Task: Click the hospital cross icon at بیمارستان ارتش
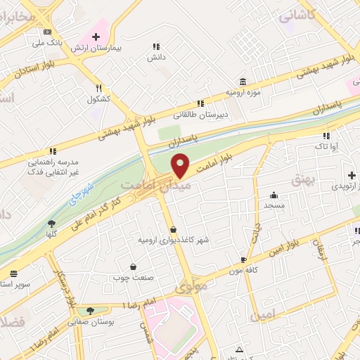(96, 36)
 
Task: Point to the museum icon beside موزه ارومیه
(243, 82)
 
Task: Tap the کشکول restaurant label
(99, 98)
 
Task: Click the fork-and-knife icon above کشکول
(99, 88)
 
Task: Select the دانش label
(156, 57)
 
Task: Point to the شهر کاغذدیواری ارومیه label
(173, 240)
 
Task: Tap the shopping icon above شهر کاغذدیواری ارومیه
(173, 229)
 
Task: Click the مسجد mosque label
(274, 205)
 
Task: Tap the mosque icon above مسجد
(274, 195)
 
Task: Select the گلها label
(51, 233)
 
